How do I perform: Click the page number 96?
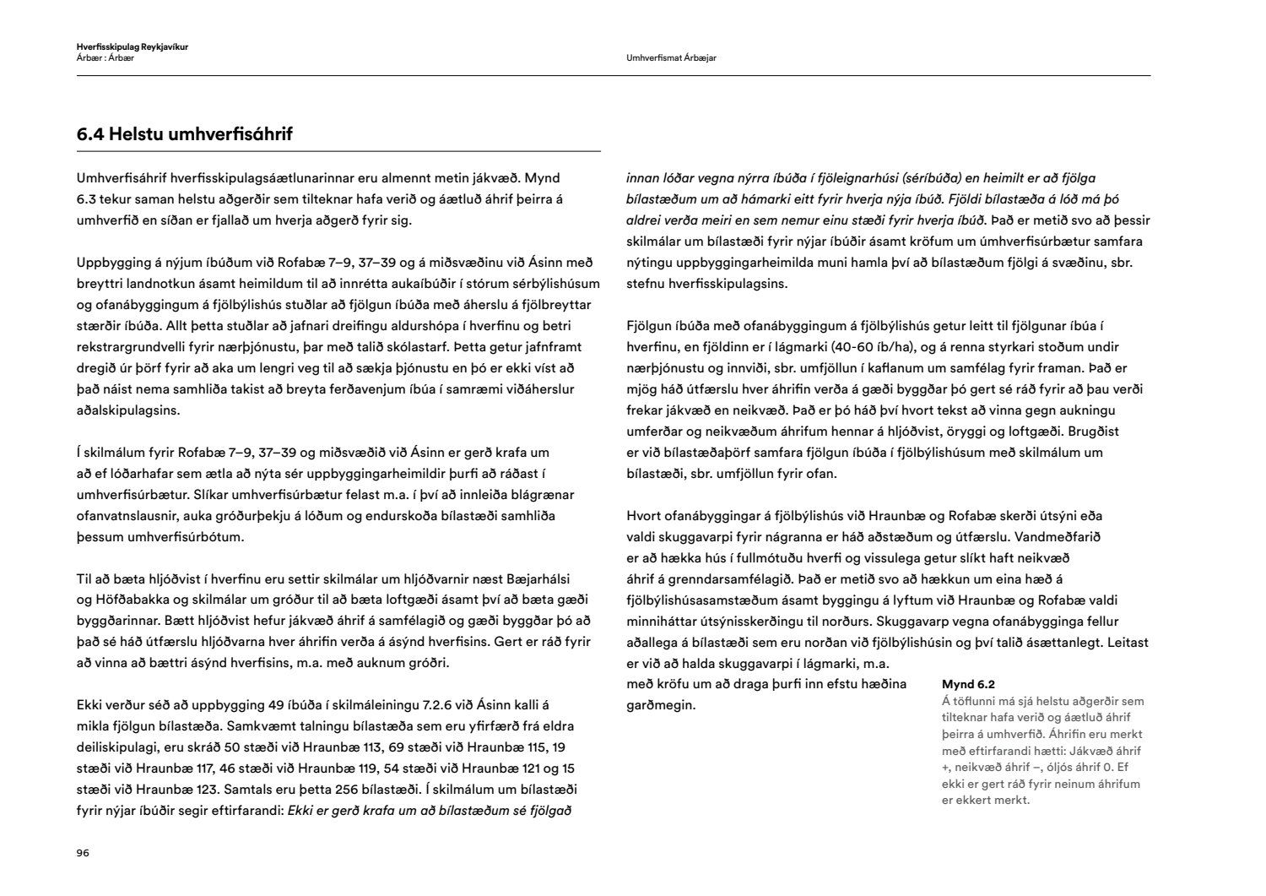point(83,853)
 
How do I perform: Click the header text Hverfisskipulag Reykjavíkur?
point(132,47)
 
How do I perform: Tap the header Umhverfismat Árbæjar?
point(672,58)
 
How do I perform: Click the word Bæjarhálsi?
point(538,578)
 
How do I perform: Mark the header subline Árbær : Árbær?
point(105,58)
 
